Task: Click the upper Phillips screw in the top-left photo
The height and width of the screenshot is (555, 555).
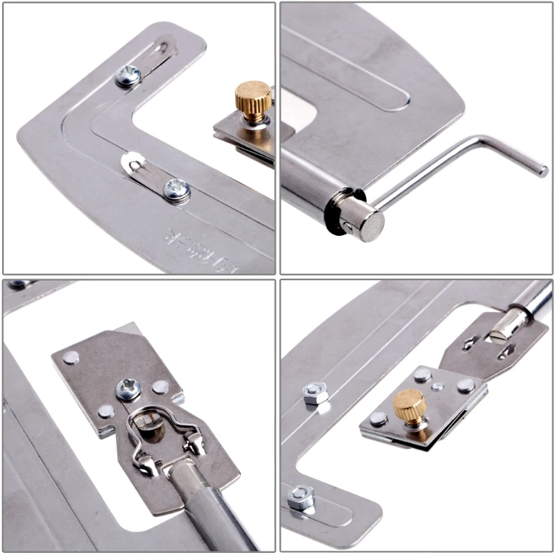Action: click(x=128, y=75)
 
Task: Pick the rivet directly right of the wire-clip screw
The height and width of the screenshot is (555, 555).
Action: click(x=161, y=386)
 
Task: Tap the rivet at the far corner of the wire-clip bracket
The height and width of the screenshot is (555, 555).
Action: click(x=71, y=357)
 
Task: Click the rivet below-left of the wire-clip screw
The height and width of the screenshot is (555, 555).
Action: click(x=105, y=411)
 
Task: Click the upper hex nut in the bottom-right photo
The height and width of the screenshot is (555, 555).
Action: click(x=315, y=394)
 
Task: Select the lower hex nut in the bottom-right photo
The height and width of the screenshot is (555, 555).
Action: click(x=300, y=497)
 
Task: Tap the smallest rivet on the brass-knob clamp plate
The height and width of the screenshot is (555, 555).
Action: click(x=437, y=386)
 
